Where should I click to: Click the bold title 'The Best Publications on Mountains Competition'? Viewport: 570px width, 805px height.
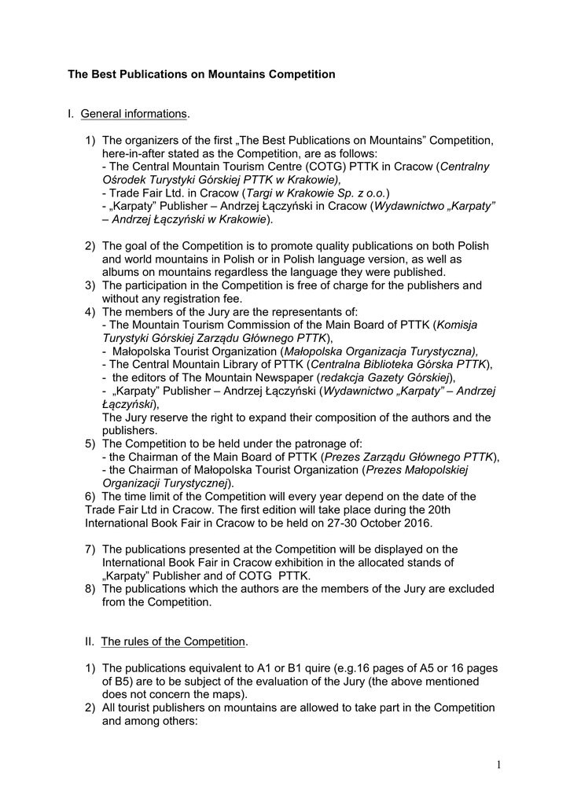click(201, 75)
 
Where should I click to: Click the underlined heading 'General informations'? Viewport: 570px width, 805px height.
click(134, 114)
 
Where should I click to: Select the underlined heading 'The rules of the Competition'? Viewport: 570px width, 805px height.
click(174, 641)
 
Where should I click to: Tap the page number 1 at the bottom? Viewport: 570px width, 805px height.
click(499, 764)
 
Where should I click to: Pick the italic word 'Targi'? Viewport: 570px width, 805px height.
click(262, 193)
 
